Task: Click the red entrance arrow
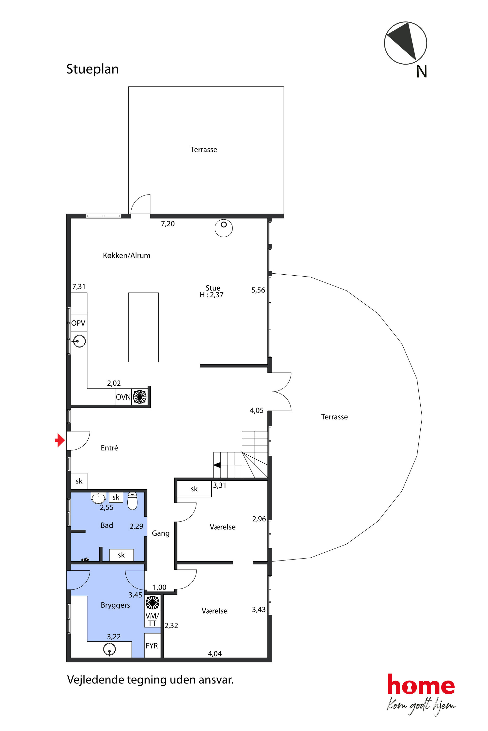coord(60,440)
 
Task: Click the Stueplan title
coord(92,69)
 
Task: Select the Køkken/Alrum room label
coord(127,255)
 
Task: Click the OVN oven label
coord(123,397)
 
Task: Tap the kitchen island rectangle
coord(143,327)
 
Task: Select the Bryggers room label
coord(115,605)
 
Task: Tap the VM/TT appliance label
coord(152,619)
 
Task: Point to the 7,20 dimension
coord(168,224)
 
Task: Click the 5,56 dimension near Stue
coord(258,290)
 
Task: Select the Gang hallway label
coord(161,533)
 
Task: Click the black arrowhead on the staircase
coord(217,465)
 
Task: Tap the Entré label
coord(109,448)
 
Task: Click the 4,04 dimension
coord(215,654)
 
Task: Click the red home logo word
coord(421,684)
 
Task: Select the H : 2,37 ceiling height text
coord(212,295)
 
